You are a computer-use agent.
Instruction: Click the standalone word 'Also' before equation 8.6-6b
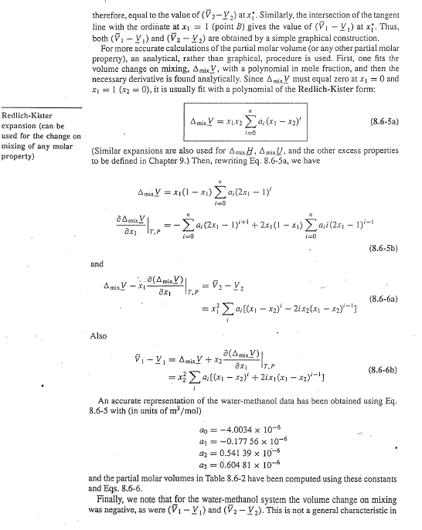[x=100, y=336]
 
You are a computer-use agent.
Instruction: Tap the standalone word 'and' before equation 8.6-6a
[x=97, y=263]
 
